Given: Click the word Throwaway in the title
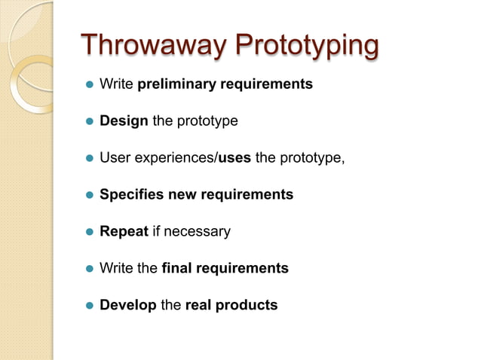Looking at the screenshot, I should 152,45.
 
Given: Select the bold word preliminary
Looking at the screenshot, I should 176,84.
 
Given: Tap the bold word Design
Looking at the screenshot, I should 124,121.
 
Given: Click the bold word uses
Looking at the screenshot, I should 234,158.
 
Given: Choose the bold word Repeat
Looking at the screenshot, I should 124,232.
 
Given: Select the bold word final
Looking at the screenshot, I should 179,268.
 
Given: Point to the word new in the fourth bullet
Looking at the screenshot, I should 182,195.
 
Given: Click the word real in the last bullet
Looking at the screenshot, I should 200,305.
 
